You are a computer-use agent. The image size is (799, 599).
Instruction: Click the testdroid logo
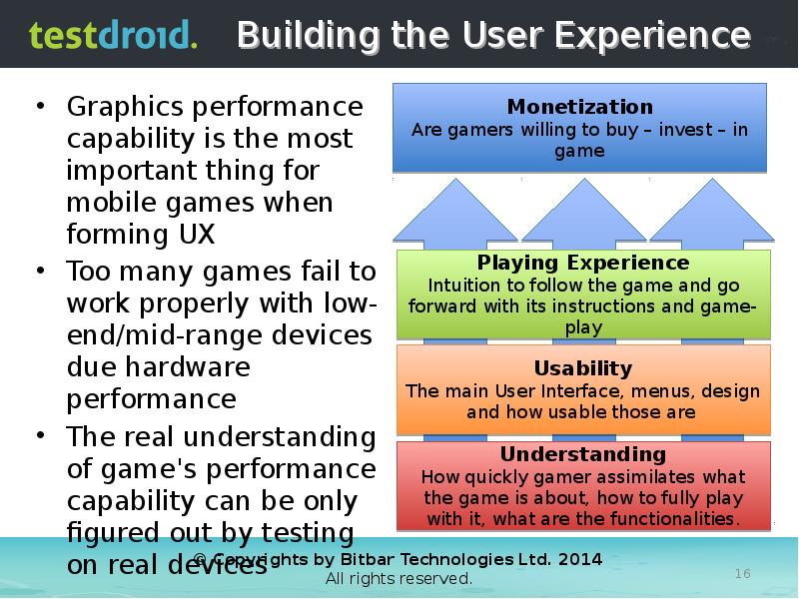tap(113, 36)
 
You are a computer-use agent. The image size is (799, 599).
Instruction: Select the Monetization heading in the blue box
tap(579, 107)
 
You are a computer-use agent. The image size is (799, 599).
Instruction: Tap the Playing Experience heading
tap(583, 264)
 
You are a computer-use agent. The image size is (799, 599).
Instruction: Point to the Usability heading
tap(583, 368)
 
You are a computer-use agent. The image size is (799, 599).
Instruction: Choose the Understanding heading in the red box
tap(583, 455)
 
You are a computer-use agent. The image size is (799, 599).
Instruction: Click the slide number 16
tap(742, 574)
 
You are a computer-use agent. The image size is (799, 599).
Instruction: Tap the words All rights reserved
tap(399, 579)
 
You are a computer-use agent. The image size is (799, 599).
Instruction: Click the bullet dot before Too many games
tap(39, 271)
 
